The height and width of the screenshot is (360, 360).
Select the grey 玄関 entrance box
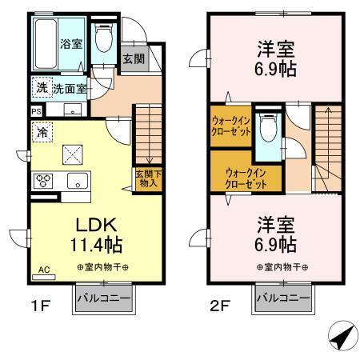(133, 60)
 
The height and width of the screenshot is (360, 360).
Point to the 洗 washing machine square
(40, 89)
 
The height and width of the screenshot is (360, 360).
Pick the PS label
(36, 111)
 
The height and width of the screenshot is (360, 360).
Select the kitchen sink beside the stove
(77, 180)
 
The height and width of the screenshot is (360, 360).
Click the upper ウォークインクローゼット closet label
(231, 126)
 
